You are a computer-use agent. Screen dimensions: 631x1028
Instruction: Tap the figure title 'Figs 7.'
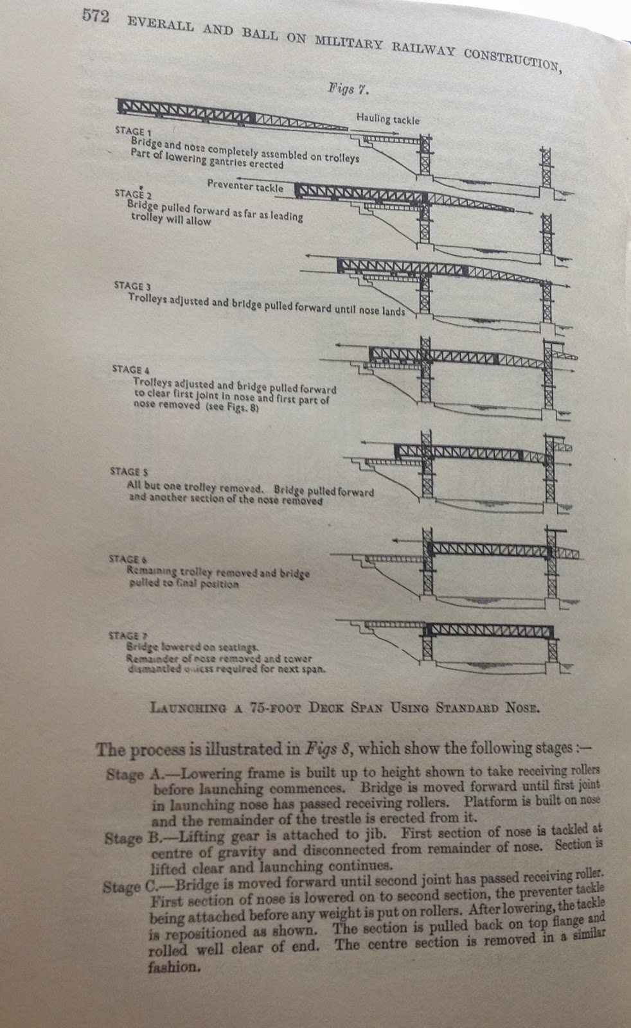[348, 89]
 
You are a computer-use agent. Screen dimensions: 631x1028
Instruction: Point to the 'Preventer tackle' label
[245, 186]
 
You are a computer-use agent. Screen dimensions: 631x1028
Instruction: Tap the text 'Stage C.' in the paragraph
[125, 887]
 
